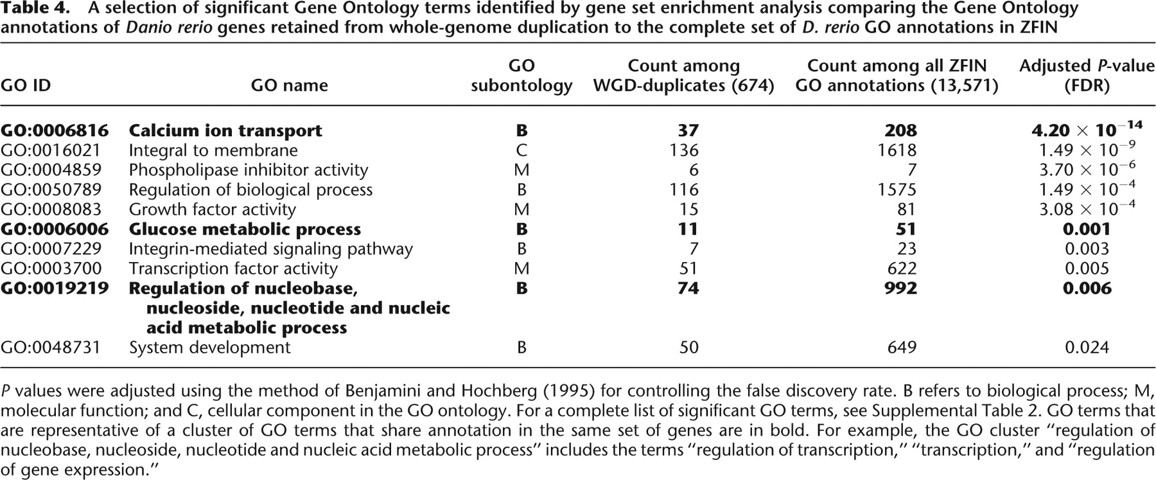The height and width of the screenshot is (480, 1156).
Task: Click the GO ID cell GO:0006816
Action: pyautogui.click(x=55, y=130)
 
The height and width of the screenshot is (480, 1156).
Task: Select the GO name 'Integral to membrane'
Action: pyautogui.click(x=213, y=150)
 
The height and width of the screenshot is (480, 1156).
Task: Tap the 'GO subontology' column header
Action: pyautogui.click(x=521, y=76)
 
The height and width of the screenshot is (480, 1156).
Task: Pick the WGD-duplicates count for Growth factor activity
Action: pyautogui.click(x=687, y=209)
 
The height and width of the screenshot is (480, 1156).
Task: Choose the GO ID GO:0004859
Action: pyautogui.click(x=51, y=170)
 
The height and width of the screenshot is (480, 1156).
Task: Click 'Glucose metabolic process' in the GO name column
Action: pyautogui.click(x=245, y=229)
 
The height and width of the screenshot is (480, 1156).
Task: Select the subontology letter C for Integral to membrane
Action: pyautogui.click(x=521, y=150)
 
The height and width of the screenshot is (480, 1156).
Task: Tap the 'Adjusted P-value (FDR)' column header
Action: pyautogui.click(x=1087, y=76)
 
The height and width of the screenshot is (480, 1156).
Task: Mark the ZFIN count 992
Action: pyautogui.click(x=900, y=289)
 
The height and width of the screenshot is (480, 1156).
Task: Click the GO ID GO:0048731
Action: pyautogui.click(x=51, y=348)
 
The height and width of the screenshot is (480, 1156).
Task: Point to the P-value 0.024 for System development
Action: pyautogui.click(x=1087, y=348)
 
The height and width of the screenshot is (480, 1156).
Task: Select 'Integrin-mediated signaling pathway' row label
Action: pyautogui.click(x=270, y=249)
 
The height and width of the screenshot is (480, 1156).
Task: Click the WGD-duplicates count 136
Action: pyautogui.click(x=683, y=150)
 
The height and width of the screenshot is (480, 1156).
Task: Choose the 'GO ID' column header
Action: pyautogui.click(x=26, y=85)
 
